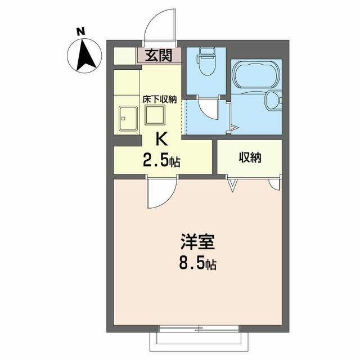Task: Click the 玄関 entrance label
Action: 159,55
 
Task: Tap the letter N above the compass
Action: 80,31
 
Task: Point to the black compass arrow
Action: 86,55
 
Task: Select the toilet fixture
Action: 206,61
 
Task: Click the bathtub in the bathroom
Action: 256,74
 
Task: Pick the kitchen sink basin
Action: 128,119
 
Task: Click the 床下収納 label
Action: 159,100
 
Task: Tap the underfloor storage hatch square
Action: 155,115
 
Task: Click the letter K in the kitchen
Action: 161,139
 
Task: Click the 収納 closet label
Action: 250,157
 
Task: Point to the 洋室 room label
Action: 197,242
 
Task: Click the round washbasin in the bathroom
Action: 273,100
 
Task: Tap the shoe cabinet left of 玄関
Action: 124,56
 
